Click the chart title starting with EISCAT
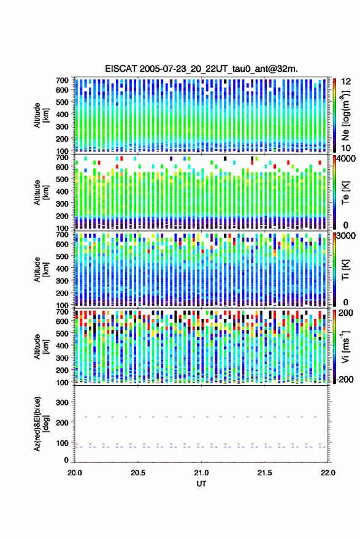(x=202, y=69)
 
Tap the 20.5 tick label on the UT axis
(x=138, y=473)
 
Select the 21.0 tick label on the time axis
(x=202, y=473)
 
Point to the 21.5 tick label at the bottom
(x=265, y=473)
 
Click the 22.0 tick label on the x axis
(x=328, y=473)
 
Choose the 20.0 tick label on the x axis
(x=75, y=473)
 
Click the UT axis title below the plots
(x=202, y=484)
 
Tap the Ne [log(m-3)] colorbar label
(x=345, y=115)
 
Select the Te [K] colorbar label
(x=345, y=193)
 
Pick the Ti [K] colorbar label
(x=345, y=270)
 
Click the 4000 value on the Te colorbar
(x=347, y=158)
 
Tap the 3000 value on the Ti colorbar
(x=347, y=235)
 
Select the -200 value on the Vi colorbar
(x=345, y=379)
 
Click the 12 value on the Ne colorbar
(x=347, y=82)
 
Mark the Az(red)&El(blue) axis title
(x=41, y=424)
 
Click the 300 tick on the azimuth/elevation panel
(x=62, y=402)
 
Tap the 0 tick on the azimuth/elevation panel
(x=66, y=460)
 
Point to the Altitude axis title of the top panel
(x=41, y=115)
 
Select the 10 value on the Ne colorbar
(x=347, y=148)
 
